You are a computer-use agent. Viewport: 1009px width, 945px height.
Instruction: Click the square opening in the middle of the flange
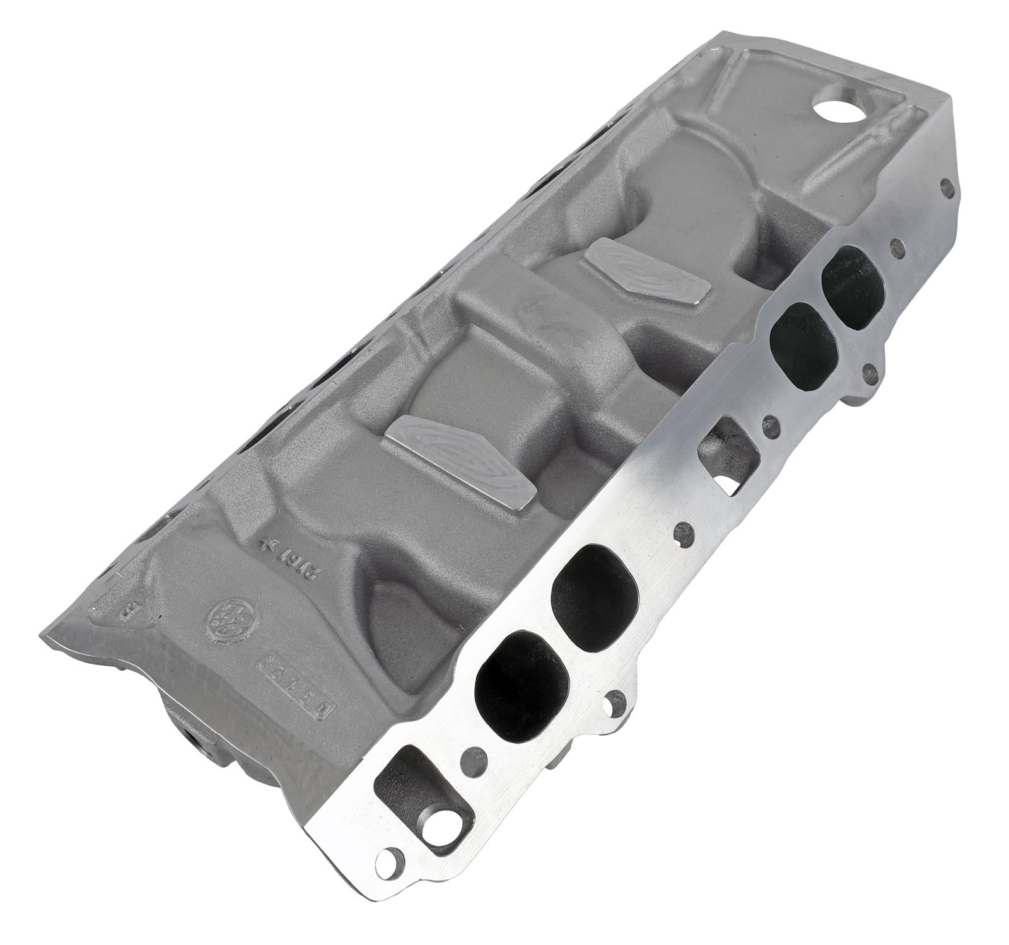[x=726, y=455]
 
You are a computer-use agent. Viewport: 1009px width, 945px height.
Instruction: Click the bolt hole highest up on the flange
[x=945, y=187]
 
